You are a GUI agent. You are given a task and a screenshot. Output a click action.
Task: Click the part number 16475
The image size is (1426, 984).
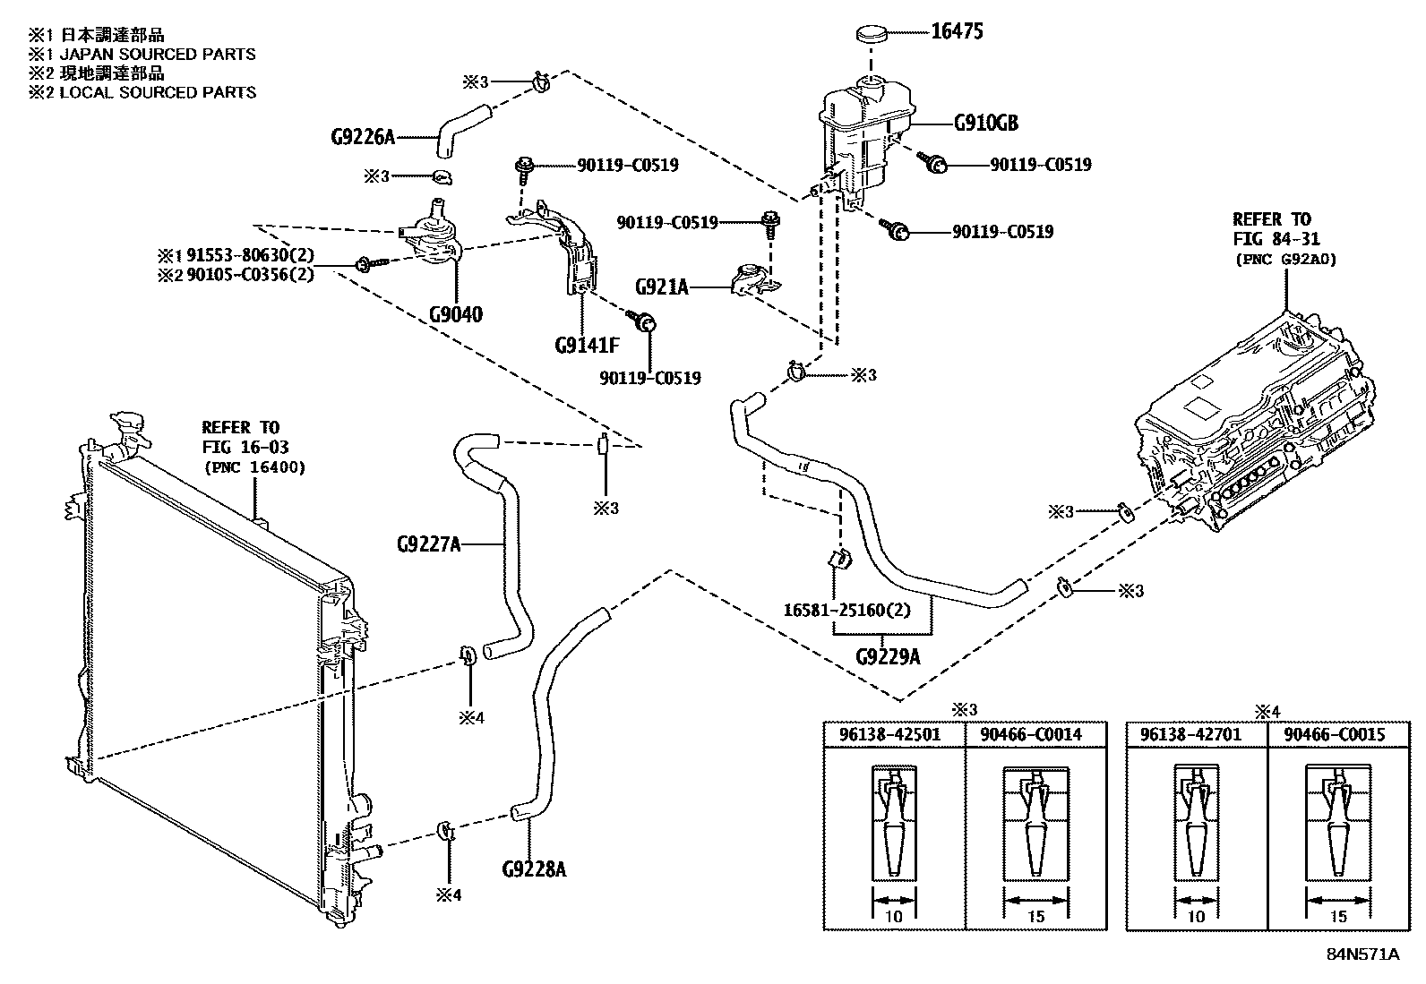(x=957, y=32)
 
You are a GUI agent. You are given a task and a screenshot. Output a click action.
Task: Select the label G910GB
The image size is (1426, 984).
(x=985, y=123)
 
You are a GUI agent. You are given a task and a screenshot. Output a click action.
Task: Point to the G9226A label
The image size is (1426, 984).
(x=362, y=138)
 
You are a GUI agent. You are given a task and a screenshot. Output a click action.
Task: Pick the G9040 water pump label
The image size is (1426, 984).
(x=455, y=314)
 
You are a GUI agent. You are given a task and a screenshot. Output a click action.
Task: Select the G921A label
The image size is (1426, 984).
(x=661, y=287)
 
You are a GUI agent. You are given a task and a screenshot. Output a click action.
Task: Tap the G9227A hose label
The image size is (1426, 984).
(x=428, y=543)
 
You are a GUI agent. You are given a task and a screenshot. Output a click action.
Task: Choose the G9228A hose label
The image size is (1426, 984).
(x=535, y=868)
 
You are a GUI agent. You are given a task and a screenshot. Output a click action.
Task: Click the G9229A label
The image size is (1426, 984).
(x=888, y=657)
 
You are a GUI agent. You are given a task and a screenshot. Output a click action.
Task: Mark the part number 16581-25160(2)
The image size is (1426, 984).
(x=847, y=611)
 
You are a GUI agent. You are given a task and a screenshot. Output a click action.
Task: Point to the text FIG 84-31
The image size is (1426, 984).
(x=1276, y=240)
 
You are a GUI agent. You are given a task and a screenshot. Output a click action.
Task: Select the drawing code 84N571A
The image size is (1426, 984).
(x=1362, y=954)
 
